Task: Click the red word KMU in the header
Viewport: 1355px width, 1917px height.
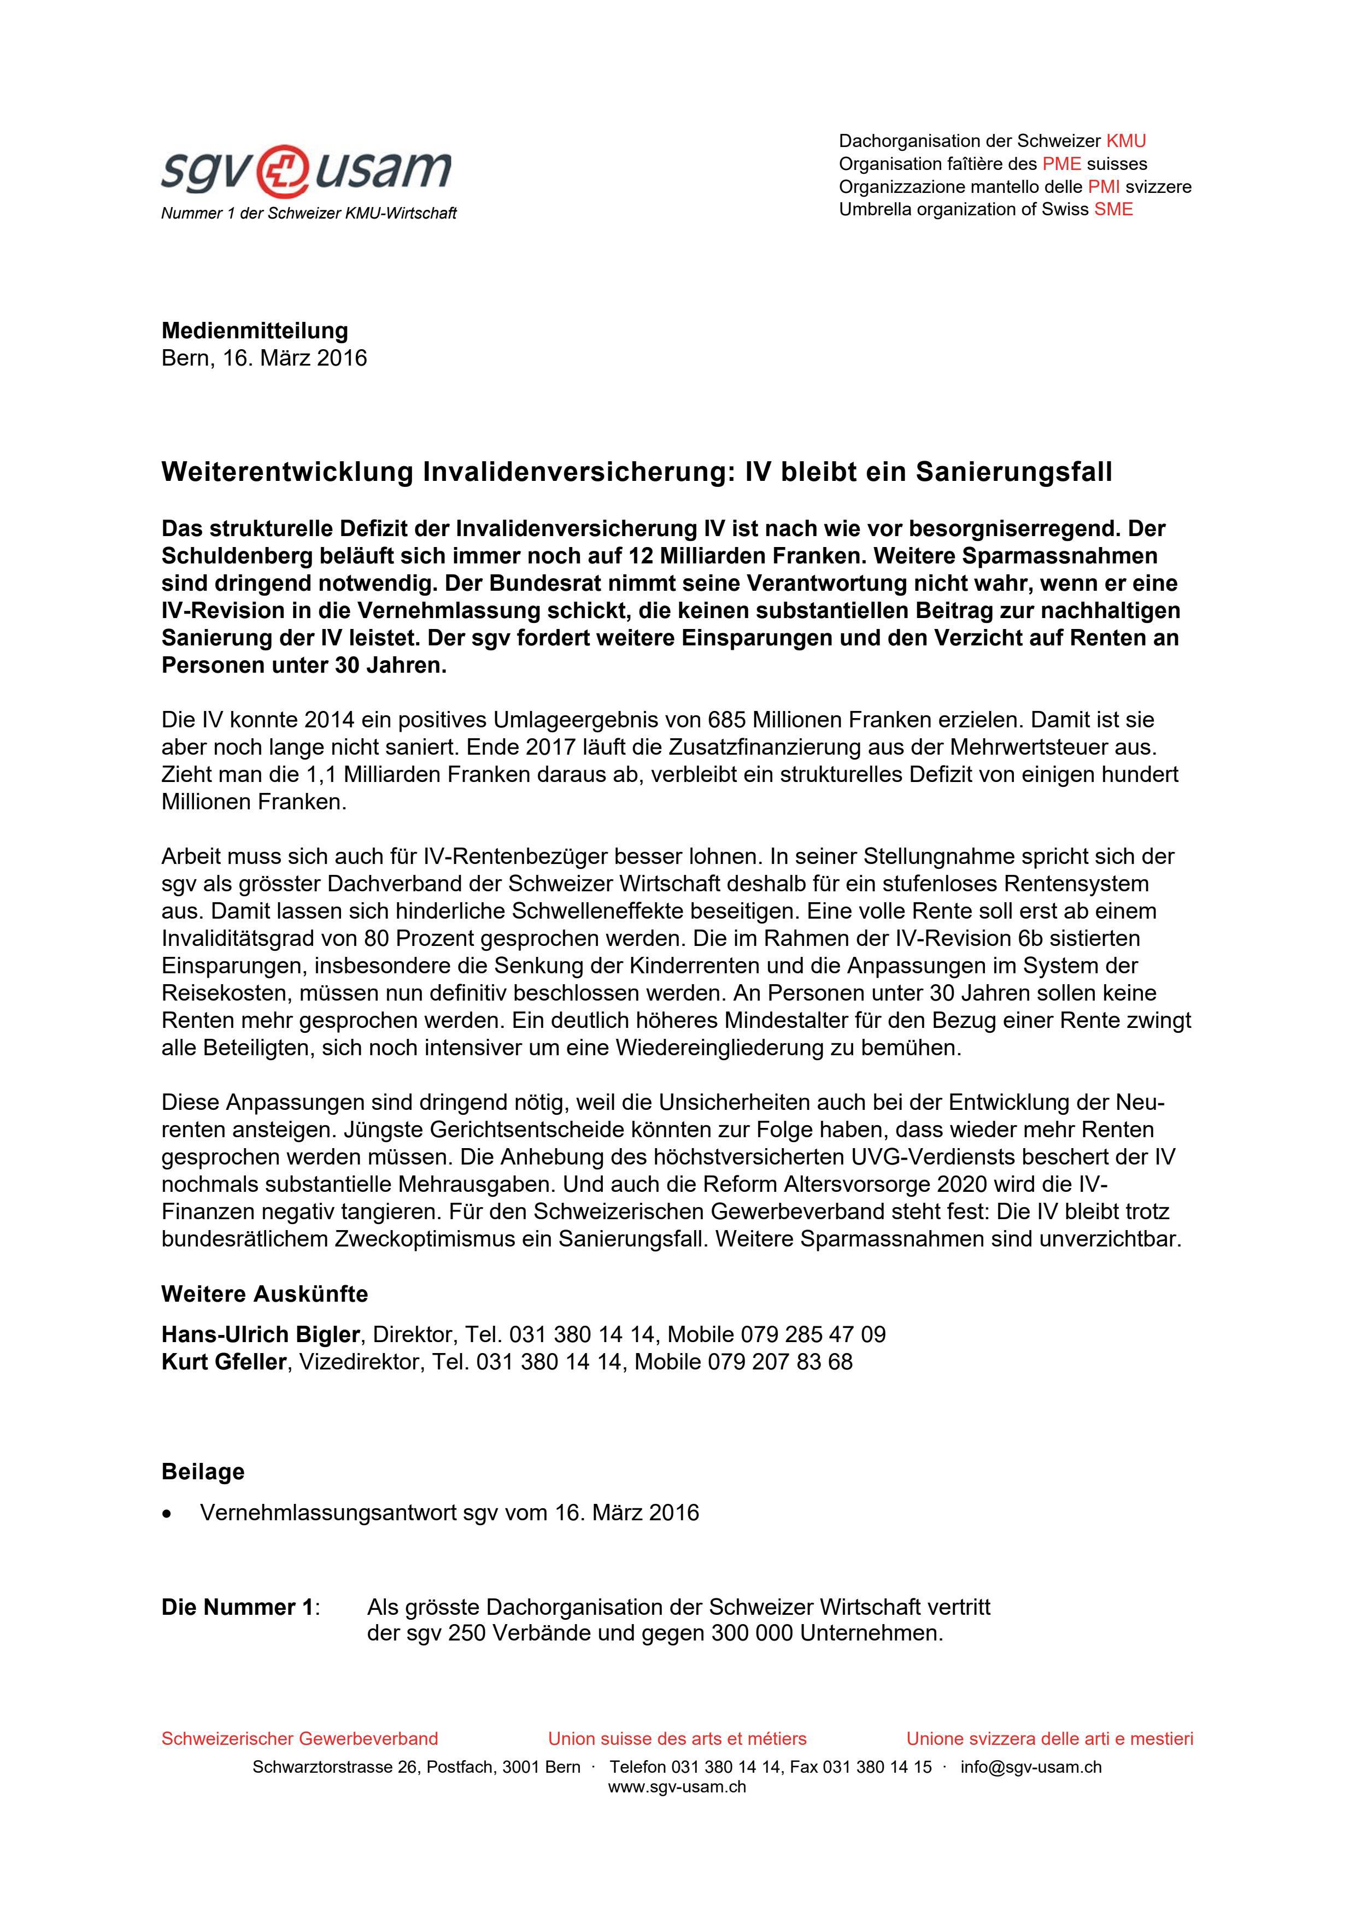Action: click(x=1125, y=140)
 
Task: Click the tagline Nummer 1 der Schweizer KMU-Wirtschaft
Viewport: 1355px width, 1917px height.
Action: click(x=309, y=214)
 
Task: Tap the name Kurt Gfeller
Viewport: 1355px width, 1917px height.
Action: click(x=224, y=1362)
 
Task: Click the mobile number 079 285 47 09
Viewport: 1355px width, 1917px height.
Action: click(x=812, y=1334)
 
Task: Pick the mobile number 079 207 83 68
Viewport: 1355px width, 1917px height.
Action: click(x=780, y=1362)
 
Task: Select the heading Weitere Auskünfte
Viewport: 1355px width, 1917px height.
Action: click(x=265, y=1294)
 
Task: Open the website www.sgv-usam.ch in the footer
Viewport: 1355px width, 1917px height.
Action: click(x=677, y=1787)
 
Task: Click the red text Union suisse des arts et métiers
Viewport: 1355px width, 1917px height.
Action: click(x=677, y=1738)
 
